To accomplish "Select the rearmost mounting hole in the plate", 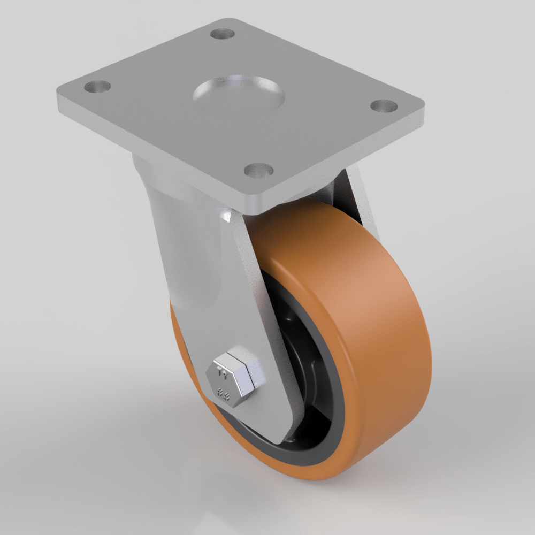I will [223, 34].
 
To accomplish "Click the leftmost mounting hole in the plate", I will [97, 86].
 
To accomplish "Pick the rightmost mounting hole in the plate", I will [383, 105].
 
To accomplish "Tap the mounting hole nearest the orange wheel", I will [258, 170].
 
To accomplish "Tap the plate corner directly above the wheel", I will [251, 206].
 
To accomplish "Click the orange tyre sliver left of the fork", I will [182, 342].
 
